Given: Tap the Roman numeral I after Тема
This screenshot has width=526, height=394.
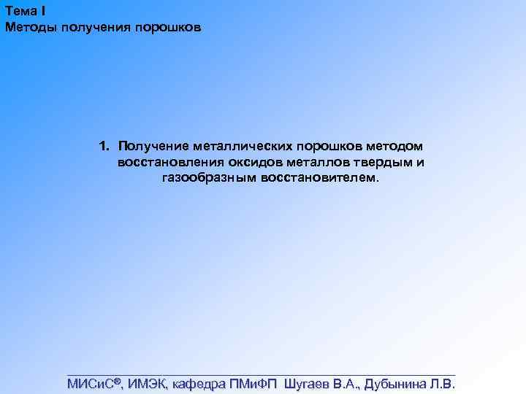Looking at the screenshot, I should coord(45,9).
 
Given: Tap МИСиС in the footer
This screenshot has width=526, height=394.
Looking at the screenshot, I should coord(91,384).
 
